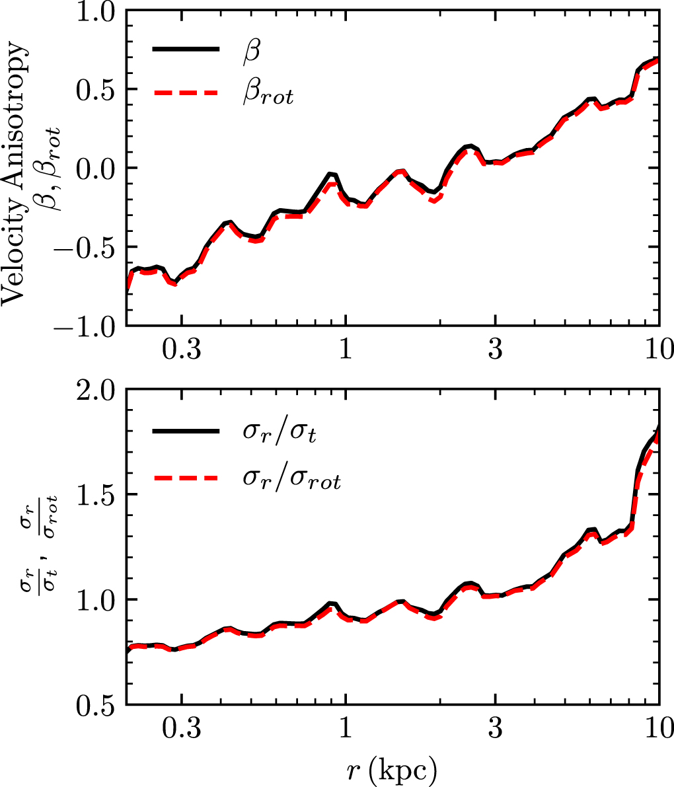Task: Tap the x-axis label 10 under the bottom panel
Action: click(x=657, y=729)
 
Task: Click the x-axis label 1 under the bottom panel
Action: click(x=345, y=729)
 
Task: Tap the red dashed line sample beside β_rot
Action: click(x=186, y=94)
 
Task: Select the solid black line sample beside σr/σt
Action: click(x=186, y=431)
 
